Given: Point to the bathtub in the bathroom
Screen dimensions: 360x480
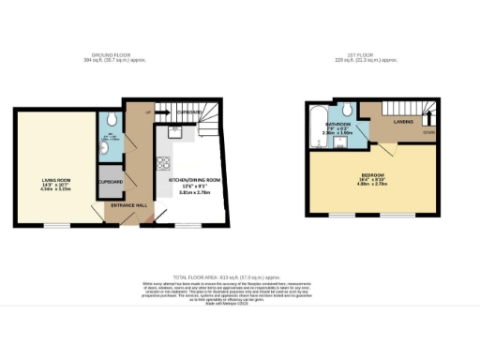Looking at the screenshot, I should tap(316, 124).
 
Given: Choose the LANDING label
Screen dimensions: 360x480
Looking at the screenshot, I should tap(404, 121).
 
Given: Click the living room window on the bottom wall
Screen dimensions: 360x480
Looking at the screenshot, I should tap(57, 225).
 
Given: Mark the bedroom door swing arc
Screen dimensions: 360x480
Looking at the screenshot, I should tap(386, 148).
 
